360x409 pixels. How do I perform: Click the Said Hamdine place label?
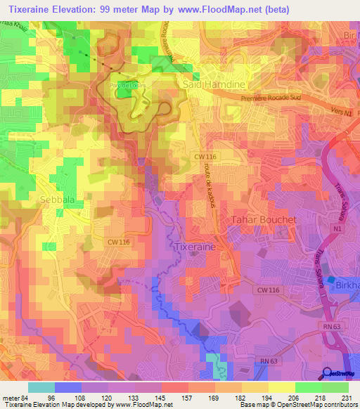pos(214,84)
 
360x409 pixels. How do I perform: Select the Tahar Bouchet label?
pos(264,220)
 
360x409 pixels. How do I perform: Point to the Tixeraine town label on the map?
pos(194,247)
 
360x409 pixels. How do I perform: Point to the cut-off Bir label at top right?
pos(351,34)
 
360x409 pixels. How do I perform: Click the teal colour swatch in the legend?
pos(41,387)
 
